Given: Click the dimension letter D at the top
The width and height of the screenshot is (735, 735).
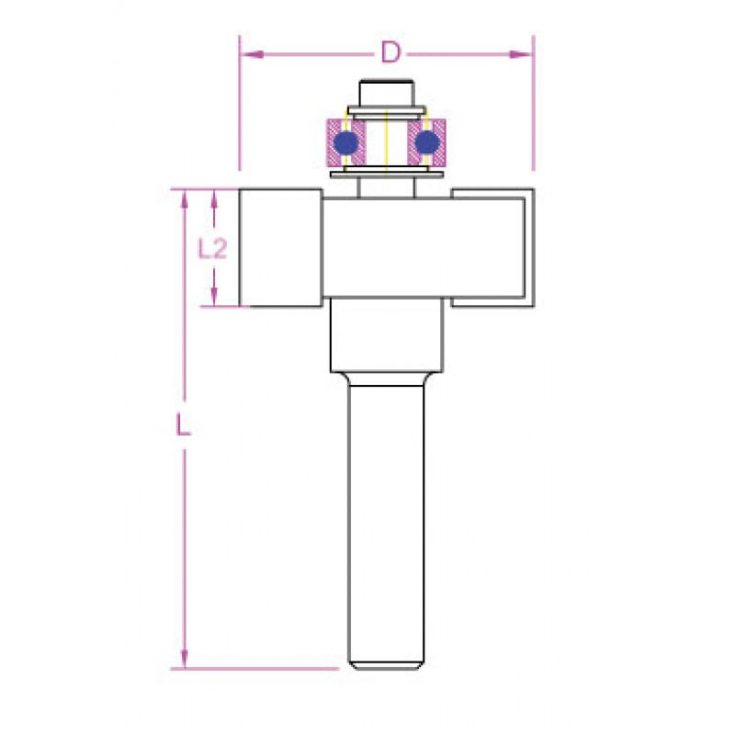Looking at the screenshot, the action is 391,52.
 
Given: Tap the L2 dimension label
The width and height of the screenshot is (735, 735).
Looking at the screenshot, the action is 212,248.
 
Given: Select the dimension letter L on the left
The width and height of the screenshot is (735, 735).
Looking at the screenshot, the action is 183,424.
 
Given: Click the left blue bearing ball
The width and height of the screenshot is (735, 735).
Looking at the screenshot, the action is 347,142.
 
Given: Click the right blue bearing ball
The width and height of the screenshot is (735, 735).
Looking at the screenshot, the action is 426,142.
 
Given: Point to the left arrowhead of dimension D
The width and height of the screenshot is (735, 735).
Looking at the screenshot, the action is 252,54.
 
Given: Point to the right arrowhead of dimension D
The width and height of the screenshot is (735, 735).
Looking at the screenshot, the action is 521,54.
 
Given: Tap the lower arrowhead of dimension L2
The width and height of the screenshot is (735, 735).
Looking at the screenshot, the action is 214,297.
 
